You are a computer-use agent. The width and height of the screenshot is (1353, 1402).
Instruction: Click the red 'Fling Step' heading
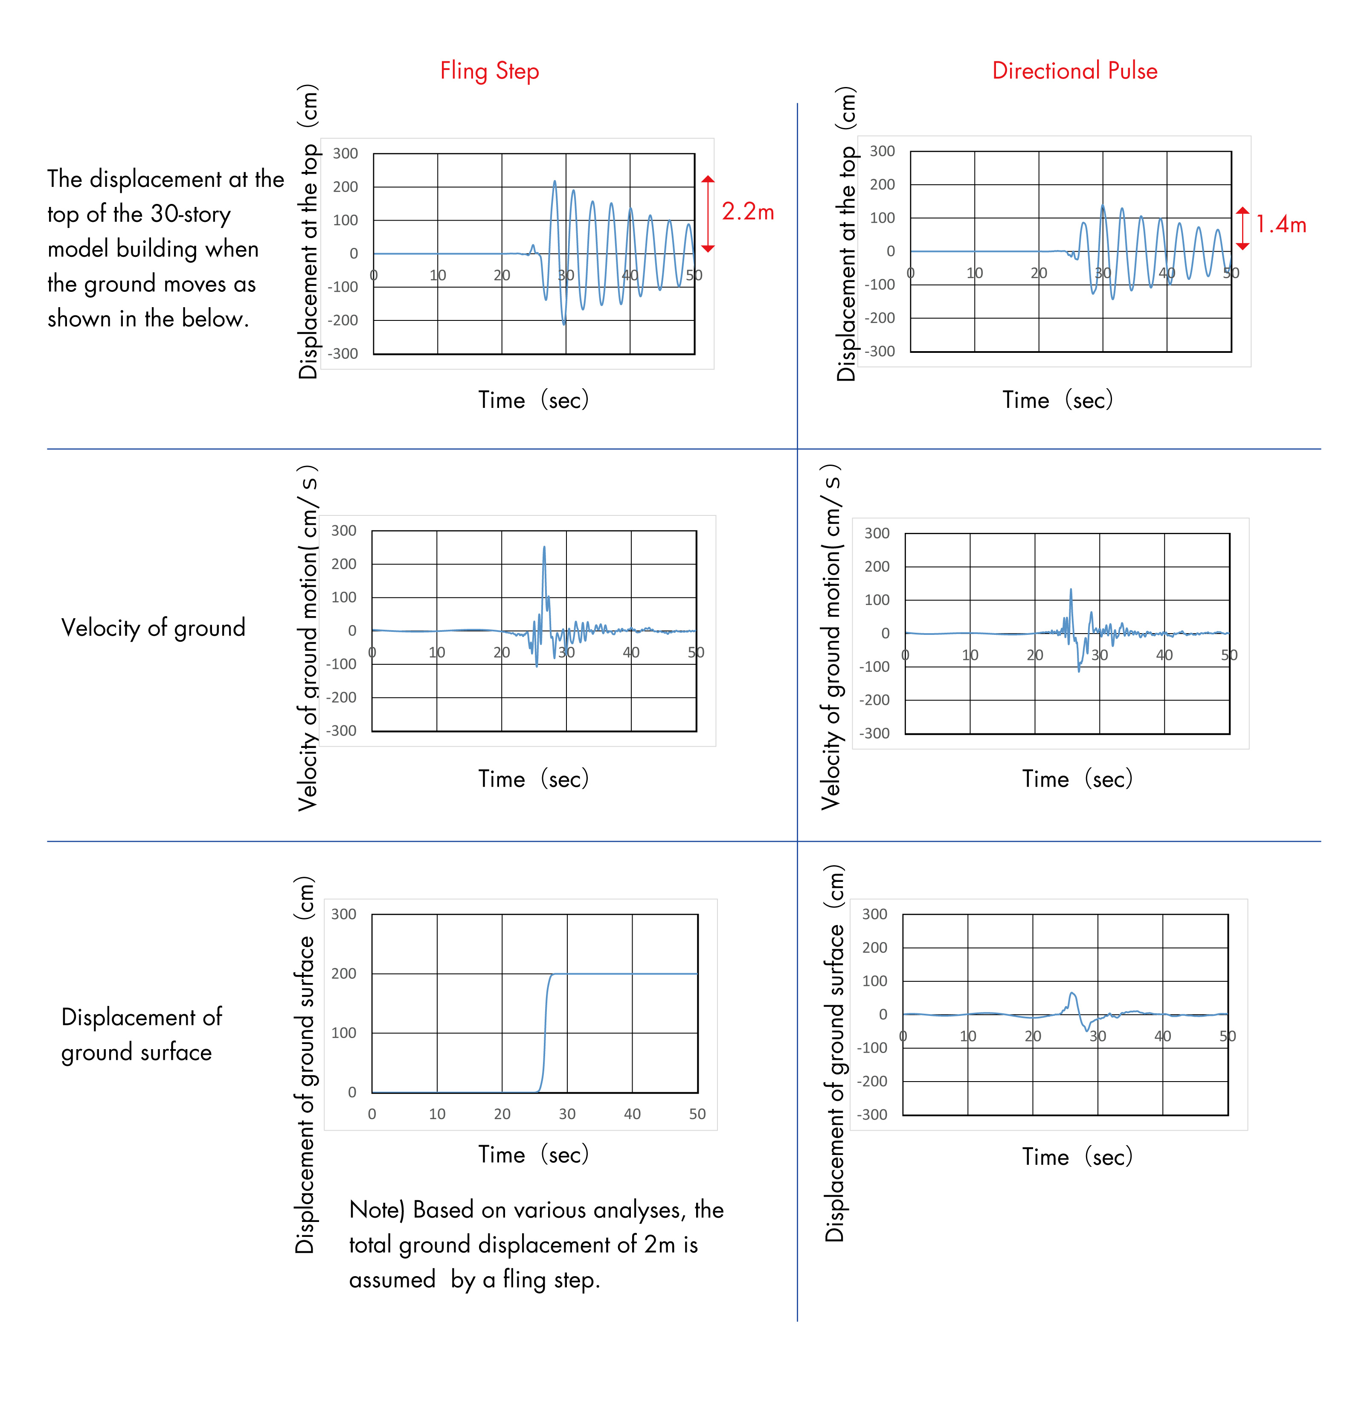(x=489, y=71)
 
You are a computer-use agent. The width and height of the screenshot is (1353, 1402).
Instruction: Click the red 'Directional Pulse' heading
(x=1074, y=71)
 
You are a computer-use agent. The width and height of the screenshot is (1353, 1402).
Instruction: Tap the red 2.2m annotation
(x=747, y=212)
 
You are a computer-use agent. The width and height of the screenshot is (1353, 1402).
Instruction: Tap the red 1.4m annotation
(x=1281, y=224)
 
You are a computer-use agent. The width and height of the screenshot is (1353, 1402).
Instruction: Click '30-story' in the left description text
(x=190, y=214)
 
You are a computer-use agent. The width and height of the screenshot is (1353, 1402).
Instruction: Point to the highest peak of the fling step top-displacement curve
(x=554, y=183)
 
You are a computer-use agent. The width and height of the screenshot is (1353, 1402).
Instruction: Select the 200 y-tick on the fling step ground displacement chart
(x=343, y=974)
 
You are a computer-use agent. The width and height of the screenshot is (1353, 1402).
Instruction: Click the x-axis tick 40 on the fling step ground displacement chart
(x=632, y=1114)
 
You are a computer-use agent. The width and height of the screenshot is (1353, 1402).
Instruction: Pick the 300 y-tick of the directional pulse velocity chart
(x=877, y=534)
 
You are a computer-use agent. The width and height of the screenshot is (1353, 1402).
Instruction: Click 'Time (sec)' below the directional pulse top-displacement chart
(x=1057, y=400)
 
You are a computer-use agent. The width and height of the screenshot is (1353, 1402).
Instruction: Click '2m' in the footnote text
(x=659, y=1245)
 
